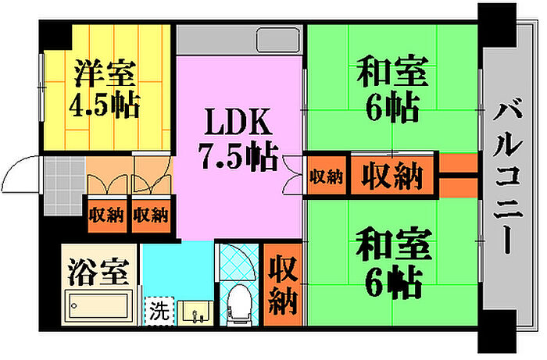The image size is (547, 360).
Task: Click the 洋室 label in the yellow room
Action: coord(105,73)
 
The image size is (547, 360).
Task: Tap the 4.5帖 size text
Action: coord(105,104)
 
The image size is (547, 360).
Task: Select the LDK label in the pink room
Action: coord(238,121)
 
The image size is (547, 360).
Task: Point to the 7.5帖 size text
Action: coord(238,155)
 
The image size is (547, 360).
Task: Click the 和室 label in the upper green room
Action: coord(392,71)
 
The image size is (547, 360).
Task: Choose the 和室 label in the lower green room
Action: coord(393,244)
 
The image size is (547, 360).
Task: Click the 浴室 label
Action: coord(98,272)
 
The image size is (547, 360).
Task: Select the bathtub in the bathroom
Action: coord(98,306)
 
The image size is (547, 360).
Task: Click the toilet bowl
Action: coord(239,302)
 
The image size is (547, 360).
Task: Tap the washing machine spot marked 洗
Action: coord(159,311)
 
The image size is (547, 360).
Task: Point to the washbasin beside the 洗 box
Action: coord(195,313)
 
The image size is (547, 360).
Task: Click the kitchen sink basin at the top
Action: coord(278,40)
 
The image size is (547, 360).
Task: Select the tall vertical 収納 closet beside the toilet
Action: coord(283,285)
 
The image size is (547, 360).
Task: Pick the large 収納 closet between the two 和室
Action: coord(392,175)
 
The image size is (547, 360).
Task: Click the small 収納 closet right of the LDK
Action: coord(326,175)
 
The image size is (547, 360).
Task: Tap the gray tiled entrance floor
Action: coord(65,185)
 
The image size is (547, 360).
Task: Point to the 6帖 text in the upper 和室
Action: coord(392,105)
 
